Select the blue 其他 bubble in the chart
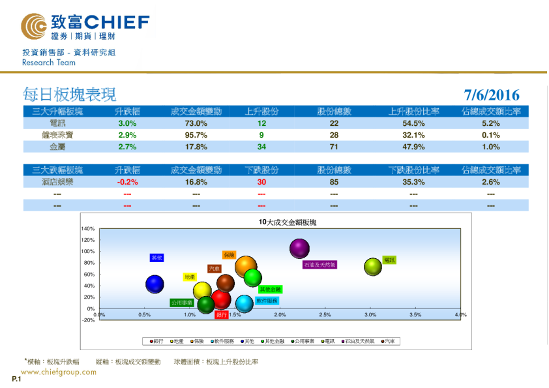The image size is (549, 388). [x=155, y=284]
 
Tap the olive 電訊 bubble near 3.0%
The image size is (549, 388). [x=372, y=266]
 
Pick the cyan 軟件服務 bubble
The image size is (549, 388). [x=244, y=303]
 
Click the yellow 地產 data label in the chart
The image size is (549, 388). [x=190, y=276]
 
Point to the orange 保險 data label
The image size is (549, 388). [x=228, y=255]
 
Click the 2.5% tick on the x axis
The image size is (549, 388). [x=325, y=315]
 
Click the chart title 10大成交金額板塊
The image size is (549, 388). [x=288, y=222]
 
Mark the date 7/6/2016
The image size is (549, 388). [x=492, y=95]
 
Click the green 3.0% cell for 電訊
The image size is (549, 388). [x=126, y=123]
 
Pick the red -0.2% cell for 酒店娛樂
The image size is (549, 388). [x=126, y=182]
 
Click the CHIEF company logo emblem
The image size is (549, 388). [x=34, y=27]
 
